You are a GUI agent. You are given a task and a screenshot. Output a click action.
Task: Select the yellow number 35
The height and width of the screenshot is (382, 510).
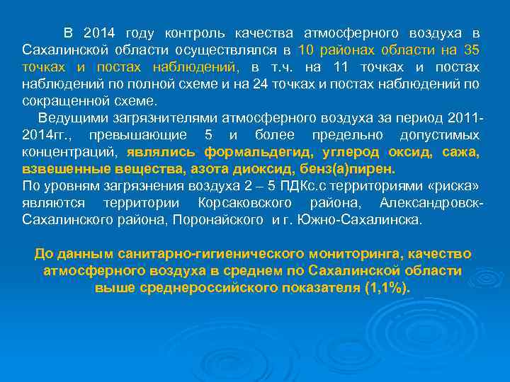coord(471,50)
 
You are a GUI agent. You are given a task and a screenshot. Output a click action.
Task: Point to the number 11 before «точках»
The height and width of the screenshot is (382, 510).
coord(340,67)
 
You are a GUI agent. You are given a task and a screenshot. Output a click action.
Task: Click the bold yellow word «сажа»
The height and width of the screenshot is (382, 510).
coord(461,152)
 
